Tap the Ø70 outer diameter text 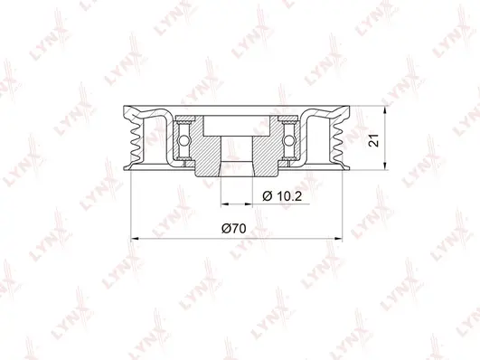(x=233, y=230)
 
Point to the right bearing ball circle (x=293, y=139)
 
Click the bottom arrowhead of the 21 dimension (x=386, y=167)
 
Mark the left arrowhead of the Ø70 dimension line (x=136, y=239)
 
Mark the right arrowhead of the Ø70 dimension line (x=340, y=239)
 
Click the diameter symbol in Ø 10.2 (x=267, y=195)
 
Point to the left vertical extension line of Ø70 (x=133, y=208)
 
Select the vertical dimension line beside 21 (x=386, y=139)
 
